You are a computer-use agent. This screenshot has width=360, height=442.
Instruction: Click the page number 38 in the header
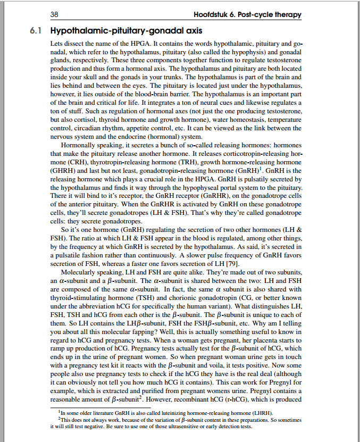pyautogui.click(x=54, y=14)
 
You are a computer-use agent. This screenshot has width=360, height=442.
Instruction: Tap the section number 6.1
pyautogui.click(x=36, y=31)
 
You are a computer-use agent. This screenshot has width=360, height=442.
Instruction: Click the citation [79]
pyautogui.click(x=232, y=263)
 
